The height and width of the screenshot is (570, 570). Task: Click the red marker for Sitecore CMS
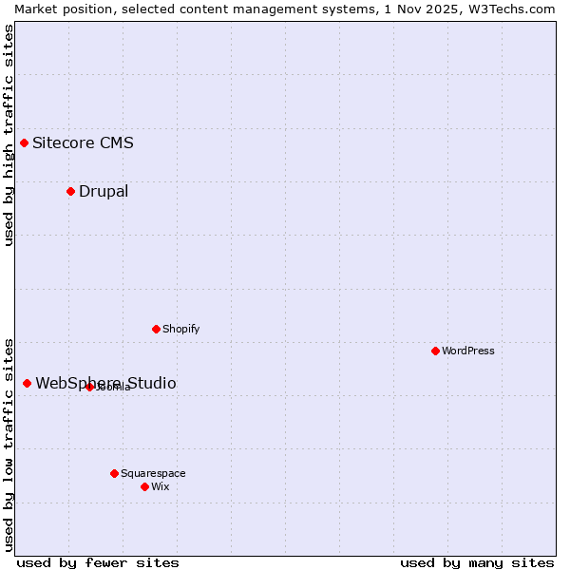coord(25,142)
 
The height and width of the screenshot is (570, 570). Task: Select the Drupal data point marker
coord(70,191)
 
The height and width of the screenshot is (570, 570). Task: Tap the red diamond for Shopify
coord(156,329)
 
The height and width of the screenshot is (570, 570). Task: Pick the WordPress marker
coord(435,351)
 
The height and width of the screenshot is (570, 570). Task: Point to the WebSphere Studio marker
coord(27,383)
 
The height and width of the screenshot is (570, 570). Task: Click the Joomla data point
coord(89,387)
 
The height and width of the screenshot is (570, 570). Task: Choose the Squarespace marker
coord(114,473)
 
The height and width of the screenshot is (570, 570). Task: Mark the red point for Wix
coord(144,486)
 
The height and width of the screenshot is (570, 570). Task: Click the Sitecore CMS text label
coord(83,143)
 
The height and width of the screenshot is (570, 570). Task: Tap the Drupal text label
coord(104,192)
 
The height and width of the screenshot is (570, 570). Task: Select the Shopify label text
coord(180,330)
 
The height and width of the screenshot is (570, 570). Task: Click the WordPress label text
coord(468,351)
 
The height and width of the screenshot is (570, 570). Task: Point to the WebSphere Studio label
coord(105,384)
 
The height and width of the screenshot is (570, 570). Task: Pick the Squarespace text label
coord(153,474)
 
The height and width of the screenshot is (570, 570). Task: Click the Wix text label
coord(161,487)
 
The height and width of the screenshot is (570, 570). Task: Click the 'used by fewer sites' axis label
coord(98,562)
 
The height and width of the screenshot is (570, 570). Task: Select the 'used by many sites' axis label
coord(477,562)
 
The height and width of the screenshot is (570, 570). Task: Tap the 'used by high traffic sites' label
coord(9,135)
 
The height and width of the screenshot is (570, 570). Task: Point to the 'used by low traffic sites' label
coord(9,444)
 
